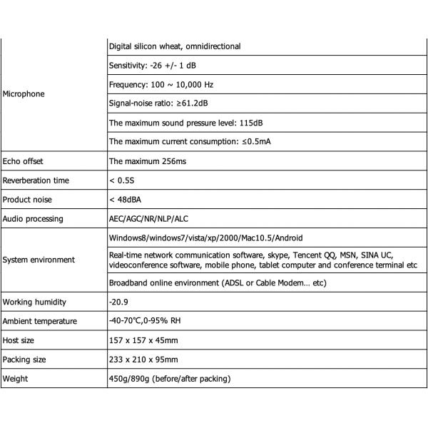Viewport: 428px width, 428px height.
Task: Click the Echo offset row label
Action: [x=23, y=161]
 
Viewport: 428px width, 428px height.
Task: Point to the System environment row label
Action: [x=39, y=260]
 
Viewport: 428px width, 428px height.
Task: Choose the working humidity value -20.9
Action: [x=119, y=302]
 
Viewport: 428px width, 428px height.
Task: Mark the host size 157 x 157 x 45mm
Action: [x=143, y=340]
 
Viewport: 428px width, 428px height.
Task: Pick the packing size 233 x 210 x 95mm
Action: [x=143, y=360]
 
